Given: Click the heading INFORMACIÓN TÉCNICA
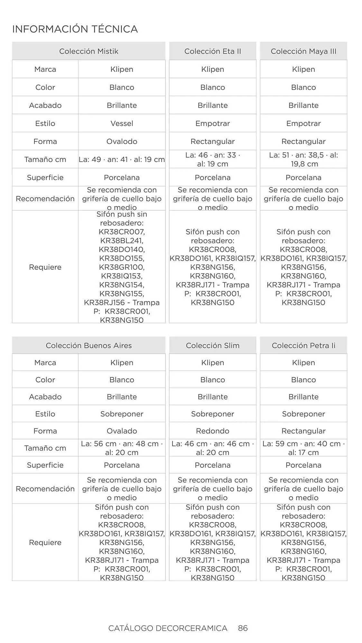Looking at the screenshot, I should [75, 29].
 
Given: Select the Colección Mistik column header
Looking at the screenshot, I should [88, 51].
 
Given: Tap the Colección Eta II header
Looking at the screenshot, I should [212, 51].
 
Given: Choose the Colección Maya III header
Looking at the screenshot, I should [303, 51].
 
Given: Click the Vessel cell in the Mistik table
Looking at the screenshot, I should [122, 123].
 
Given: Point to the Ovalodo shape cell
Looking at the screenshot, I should [122, 141].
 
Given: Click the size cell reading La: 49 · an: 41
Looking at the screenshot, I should [122, 159].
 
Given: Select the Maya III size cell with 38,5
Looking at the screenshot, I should [303, 159].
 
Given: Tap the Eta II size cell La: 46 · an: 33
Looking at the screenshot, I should [212, 159].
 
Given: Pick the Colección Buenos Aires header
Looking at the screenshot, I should [88, 346].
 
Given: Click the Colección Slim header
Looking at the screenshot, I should [212, 346].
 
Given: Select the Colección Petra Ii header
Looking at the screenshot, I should [303, 346].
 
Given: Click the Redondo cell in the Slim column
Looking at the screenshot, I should [212, 431].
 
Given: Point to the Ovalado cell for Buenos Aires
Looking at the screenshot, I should [122, 431].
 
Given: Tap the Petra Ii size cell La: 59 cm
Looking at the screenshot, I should [303, 448].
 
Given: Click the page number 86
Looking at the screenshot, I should [243, 628].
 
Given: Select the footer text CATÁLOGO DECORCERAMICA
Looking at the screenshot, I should [168, 628].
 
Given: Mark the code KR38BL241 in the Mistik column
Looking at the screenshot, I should [122, 240].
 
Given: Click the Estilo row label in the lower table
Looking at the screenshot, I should [45, 414].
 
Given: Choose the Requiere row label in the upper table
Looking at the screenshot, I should [45, 267].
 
